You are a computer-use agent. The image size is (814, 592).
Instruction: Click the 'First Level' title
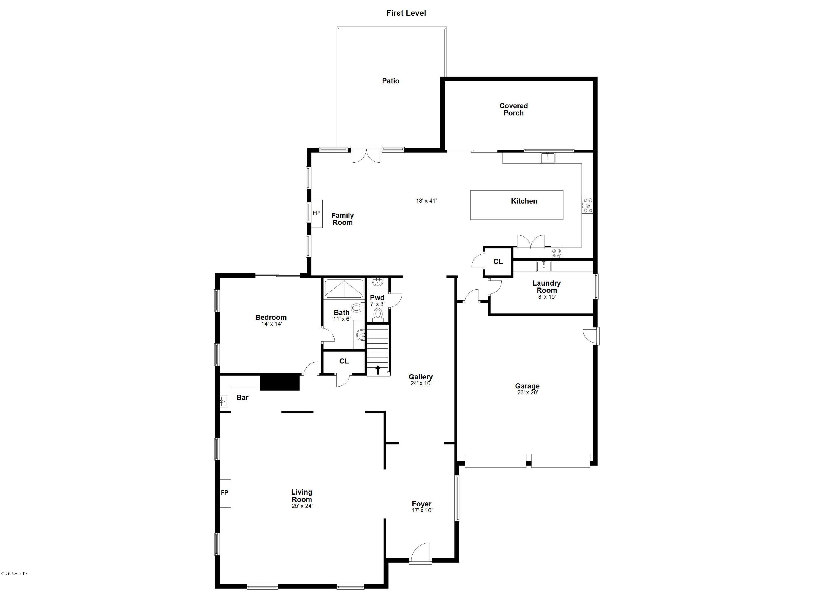pyautogui.click(x=406, y=13)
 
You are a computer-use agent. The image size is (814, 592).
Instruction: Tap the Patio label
pyautogui.click(x=390, y=81)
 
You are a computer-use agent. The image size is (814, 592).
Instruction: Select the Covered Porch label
pyautogui.click(x=513, y=109)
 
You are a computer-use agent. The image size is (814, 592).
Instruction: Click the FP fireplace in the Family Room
pyautogui.click(x=316, y=213)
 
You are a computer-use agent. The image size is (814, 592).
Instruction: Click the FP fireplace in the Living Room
pyautogui.click(x=225, y=493)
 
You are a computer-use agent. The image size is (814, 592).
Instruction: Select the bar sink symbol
pyautogui.click(x=224, y=401)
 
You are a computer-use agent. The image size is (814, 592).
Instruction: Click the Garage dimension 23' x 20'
pyautogui.click(x=527, y=392)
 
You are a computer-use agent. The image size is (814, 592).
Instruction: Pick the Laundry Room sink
pyautogui.click(x=543, y=266)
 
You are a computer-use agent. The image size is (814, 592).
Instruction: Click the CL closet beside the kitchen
pyautogui.click(x=498, y=262)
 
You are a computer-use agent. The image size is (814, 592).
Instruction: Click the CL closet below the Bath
pyautogui.click(x=344, y=361)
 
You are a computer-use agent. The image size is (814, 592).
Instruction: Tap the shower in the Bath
pyautogui.click(x=344, y=289)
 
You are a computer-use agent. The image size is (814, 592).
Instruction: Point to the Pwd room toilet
pyautogui.click(x=378, y=314)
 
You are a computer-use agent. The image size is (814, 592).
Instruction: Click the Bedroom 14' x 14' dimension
pyautogui.click(x=271, y=324)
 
